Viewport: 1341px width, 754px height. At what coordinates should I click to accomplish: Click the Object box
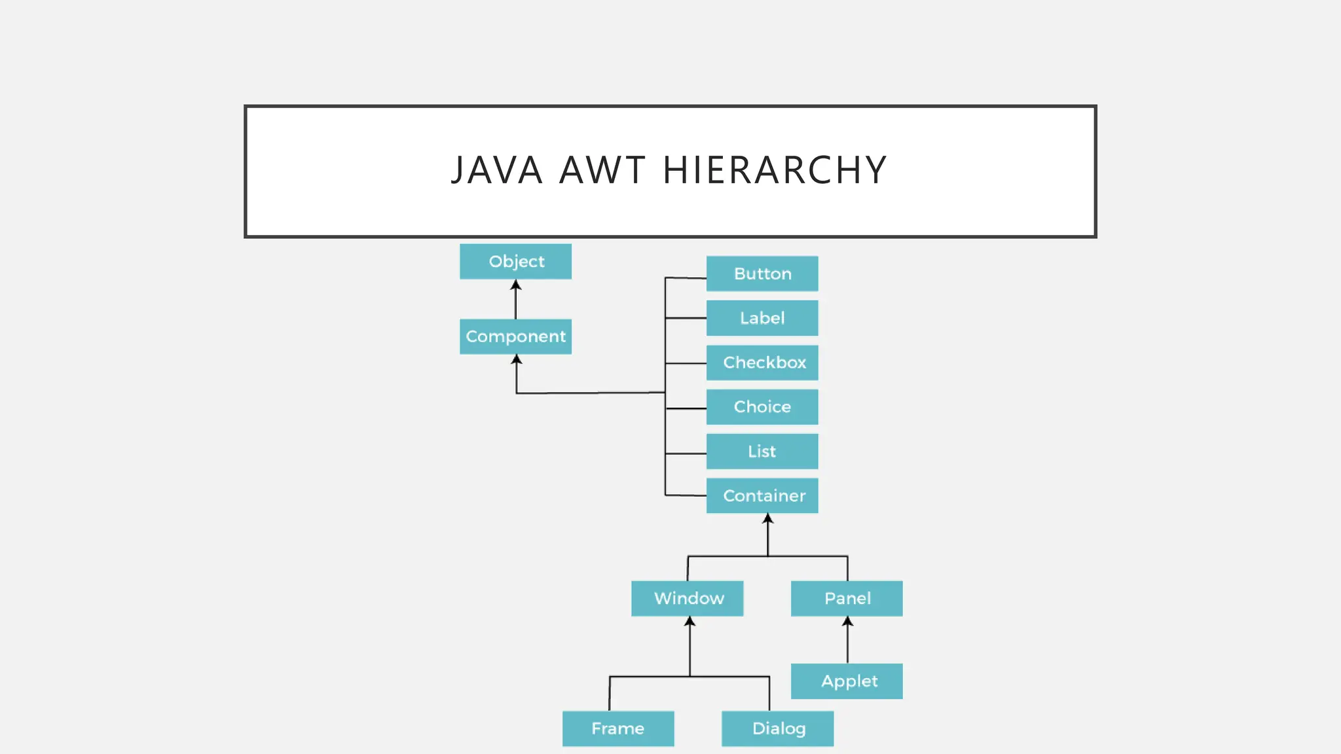click(515, 262)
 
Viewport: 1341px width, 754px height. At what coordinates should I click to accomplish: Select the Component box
click(515, 336)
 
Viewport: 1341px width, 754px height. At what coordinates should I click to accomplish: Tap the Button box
click(762, 274)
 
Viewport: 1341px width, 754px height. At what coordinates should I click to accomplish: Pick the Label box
click(762, 318)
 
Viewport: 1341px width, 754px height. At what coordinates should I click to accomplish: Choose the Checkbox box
click(762, 363)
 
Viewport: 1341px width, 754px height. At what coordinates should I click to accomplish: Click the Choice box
click(762, 407)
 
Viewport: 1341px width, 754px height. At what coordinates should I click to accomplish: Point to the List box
click(762, 452)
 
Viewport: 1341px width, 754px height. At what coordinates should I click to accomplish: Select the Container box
click(762, 495)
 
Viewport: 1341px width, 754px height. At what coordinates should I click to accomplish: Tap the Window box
click(687, 598)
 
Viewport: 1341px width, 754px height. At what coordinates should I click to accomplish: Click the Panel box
click(847, 598)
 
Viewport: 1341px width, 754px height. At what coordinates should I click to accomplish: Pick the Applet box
click(847, 681)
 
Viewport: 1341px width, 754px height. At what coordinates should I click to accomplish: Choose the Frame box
click(618, 728)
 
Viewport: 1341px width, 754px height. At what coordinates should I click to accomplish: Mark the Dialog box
click(777, 728)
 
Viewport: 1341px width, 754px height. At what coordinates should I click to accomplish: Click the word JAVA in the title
click(497, 170)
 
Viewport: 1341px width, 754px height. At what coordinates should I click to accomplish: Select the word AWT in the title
click(602, 170)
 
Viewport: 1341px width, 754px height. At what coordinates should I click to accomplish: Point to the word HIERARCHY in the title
click(775, 170)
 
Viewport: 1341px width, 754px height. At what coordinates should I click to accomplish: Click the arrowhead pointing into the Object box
click(516, 285)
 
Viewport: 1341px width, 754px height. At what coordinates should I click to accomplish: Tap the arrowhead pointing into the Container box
click(768, 518)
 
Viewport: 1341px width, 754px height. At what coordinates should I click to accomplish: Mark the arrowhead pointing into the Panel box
click(847, 621)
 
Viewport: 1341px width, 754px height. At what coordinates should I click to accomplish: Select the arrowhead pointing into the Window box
click(689, 621)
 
